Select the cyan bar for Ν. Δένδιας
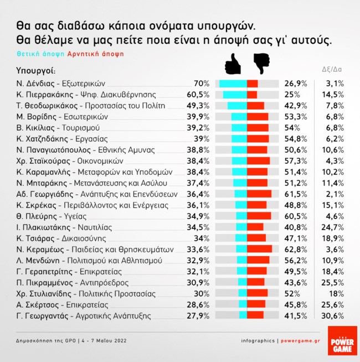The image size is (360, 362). coord(233,84)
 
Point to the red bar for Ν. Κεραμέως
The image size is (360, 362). coord(260,249)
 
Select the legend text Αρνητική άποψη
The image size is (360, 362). coord(95,54)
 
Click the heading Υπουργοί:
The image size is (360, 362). coord(37,71)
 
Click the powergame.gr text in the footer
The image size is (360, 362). coord(300,340)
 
